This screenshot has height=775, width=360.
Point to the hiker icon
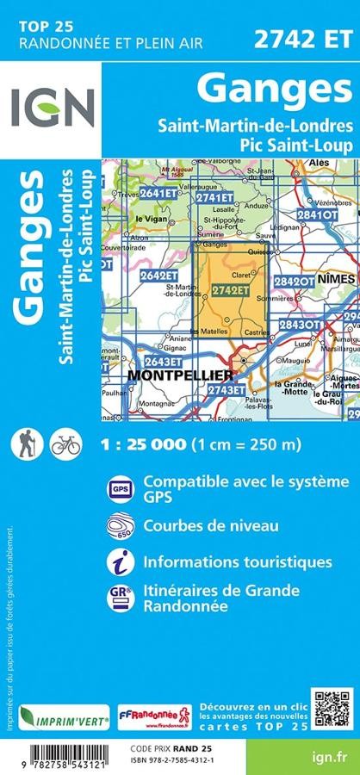[25, 444]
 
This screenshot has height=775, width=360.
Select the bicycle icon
[65, 444]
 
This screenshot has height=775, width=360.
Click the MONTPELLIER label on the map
[180, 375]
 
